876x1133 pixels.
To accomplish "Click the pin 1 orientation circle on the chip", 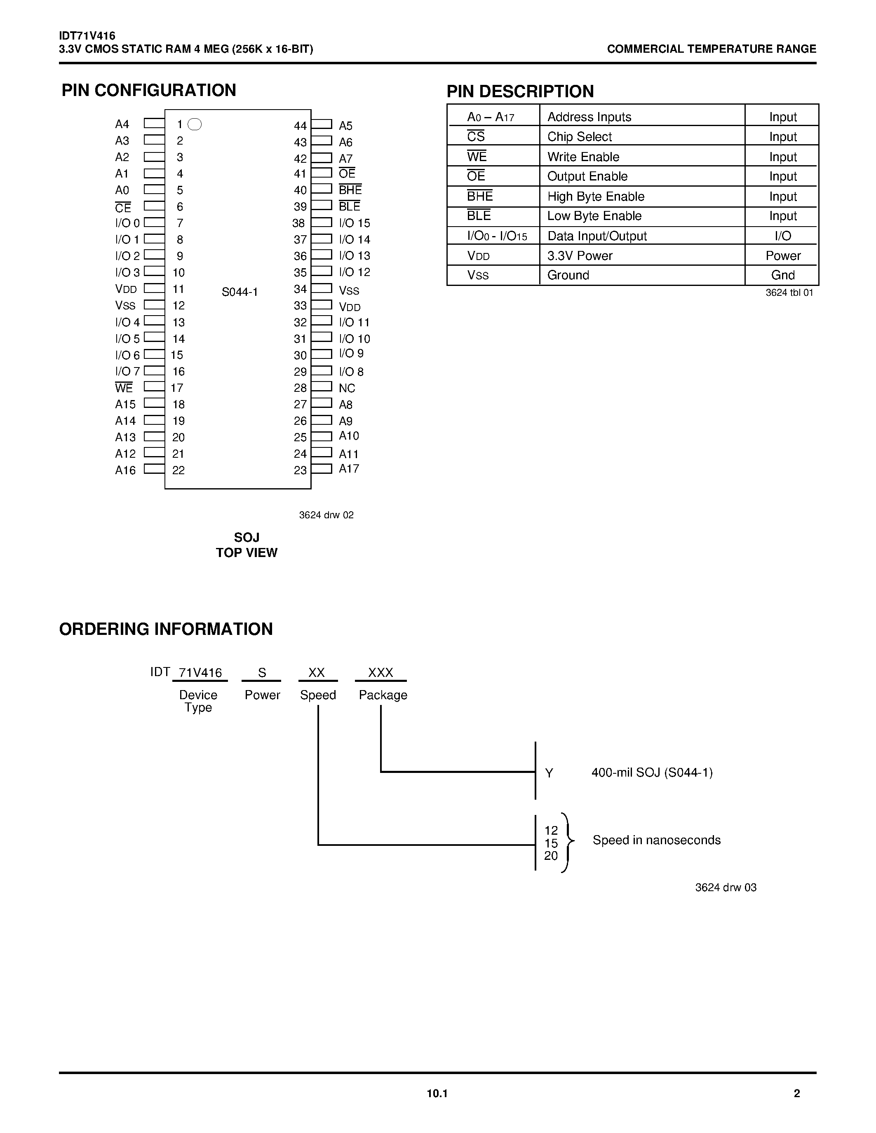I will coord(195,124).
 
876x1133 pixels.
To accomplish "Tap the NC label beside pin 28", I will coord(347,388).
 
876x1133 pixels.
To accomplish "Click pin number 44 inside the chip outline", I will coord(300,126).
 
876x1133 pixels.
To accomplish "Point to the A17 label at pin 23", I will coord(349,468).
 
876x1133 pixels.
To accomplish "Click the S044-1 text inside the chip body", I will coord(240,292).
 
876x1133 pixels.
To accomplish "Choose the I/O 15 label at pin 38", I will coord(355,223).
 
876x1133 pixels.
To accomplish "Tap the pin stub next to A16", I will coord(154,468).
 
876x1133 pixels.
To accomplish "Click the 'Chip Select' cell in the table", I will coord(579,136).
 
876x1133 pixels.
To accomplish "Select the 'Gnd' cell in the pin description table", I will coord(782,275).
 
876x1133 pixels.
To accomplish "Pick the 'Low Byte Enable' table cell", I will coord(594,216).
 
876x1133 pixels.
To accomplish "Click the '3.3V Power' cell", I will coord(580,256).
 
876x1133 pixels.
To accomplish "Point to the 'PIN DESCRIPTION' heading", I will coord(520,91).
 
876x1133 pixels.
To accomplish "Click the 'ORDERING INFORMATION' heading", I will coord(166,629).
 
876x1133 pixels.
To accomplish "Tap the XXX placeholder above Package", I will coord(380,672).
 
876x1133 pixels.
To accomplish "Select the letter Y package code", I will coord(549,773).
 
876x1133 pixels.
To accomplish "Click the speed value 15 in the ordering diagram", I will coord(551,843).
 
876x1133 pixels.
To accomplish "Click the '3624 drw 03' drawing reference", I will coord(726,887).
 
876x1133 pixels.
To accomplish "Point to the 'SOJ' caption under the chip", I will coord(247,537).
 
